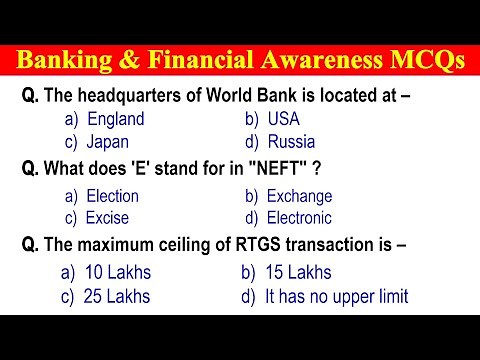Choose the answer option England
115,119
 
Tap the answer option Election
112,196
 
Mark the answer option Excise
106,218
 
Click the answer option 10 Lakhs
117,272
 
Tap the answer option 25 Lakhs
117,296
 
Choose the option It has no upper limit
337,296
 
